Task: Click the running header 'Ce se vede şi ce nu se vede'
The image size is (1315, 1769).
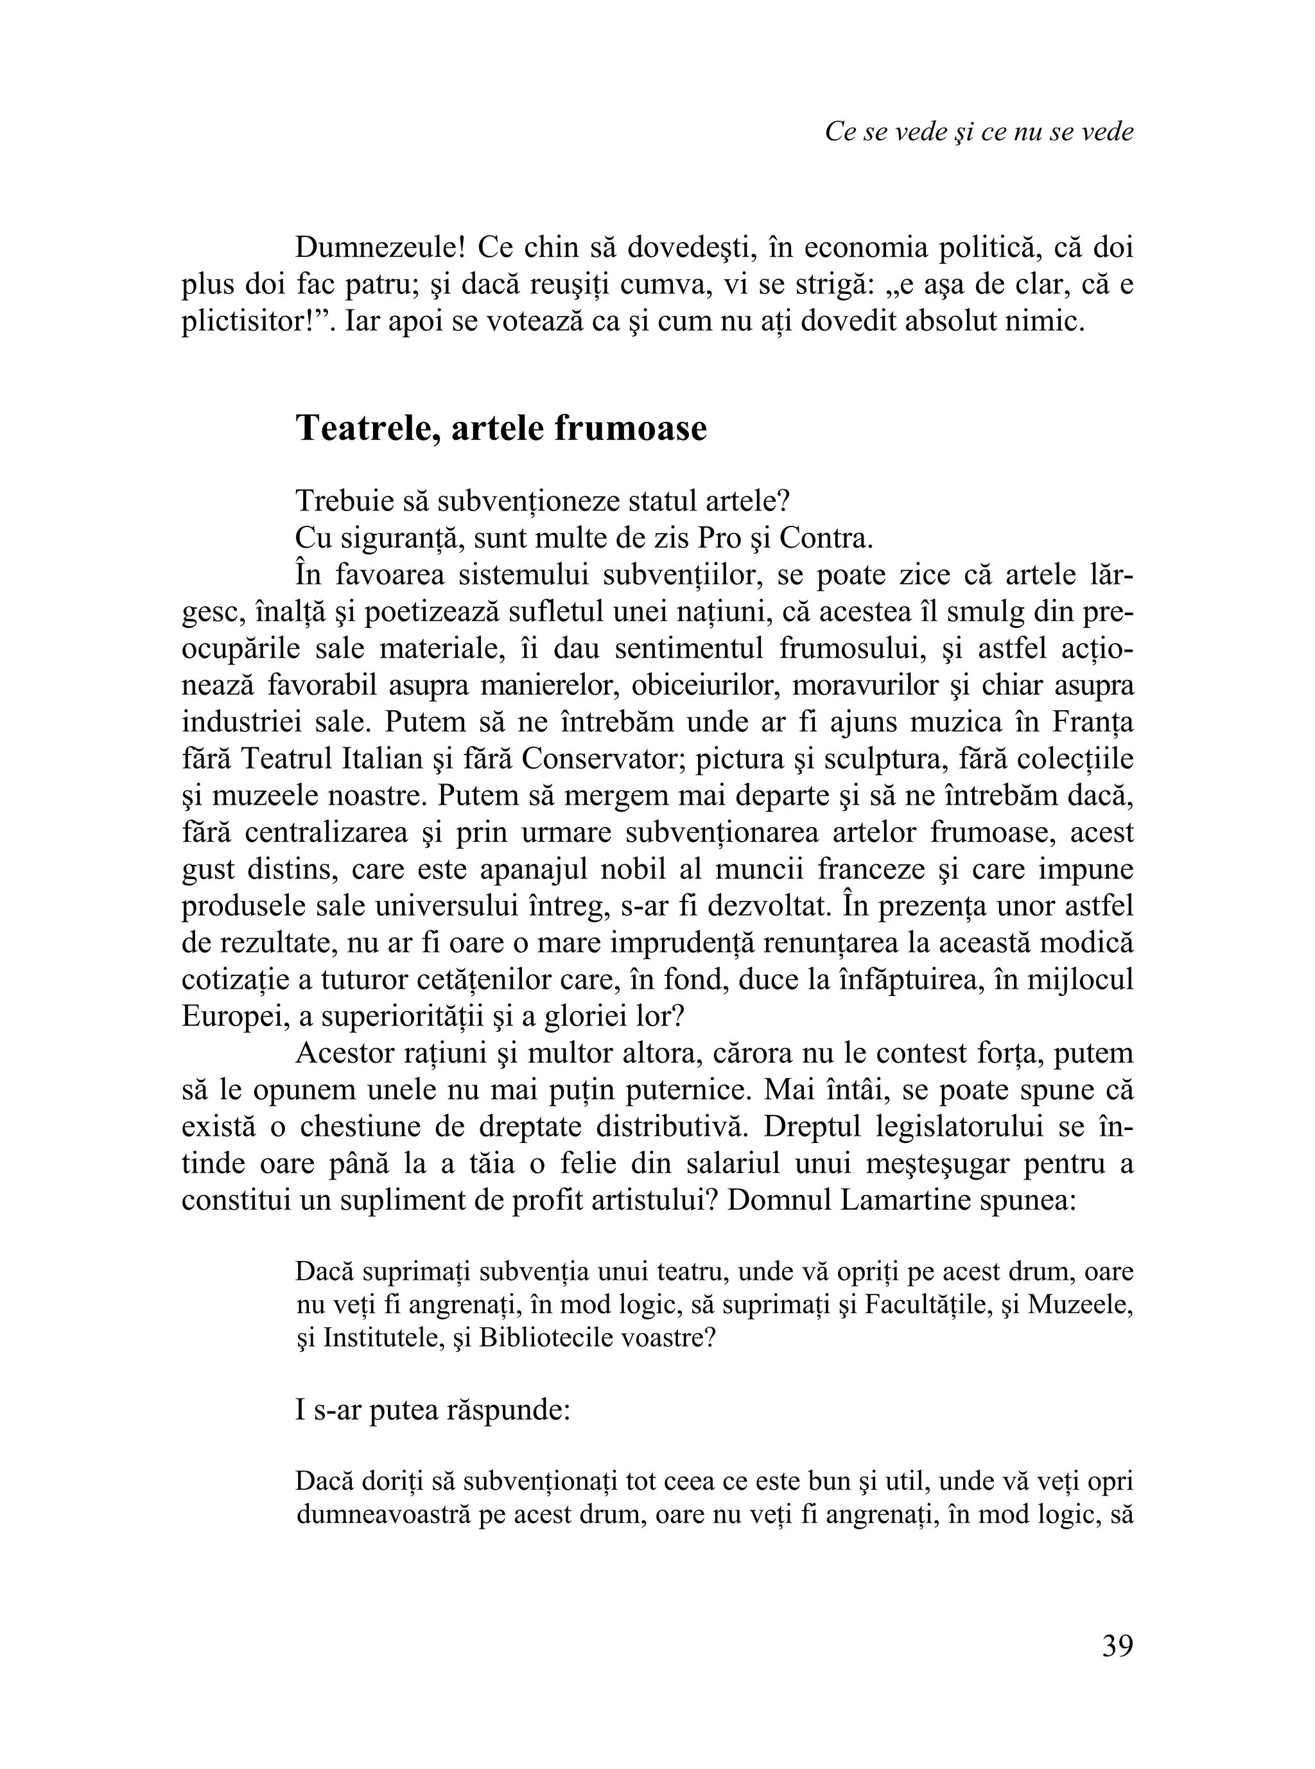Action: click(979, 132)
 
